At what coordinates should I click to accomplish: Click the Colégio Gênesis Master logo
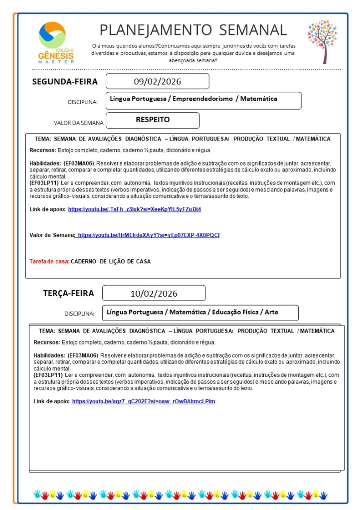[56, 42]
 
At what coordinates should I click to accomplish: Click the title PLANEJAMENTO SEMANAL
[193, 30]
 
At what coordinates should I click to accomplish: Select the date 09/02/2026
[157, 81]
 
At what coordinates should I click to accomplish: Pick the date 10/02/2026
[154, 294]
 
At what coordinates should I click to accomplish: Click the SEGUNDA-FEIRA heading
[65, 82]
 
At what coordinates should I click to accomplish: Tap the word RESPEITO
[153, 120]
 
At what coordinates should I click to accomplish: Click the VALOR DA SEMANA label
[78, 123]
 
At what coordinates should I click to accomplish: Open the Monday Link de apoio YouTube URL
[134, 209]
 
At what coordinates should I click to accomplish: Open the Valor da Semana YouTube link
[148, 235]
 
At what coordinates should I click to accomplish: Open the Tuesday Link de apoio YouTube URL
[144, 401]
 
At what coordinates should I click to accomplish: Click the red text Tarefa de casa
[49, 261]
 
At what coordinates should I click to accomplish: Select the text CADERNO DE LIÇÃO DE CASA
[110, 261]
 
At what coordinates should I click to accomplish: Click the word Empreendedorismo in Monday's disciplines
[201, 99]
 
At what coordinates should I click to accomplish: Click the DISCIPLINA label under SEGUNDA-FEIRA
[82, 102]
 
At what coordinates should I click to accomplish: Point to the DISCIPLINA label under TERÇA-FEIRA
[79, 314]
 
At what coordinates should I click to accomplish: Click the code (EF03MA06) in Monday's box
[79, 164]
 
